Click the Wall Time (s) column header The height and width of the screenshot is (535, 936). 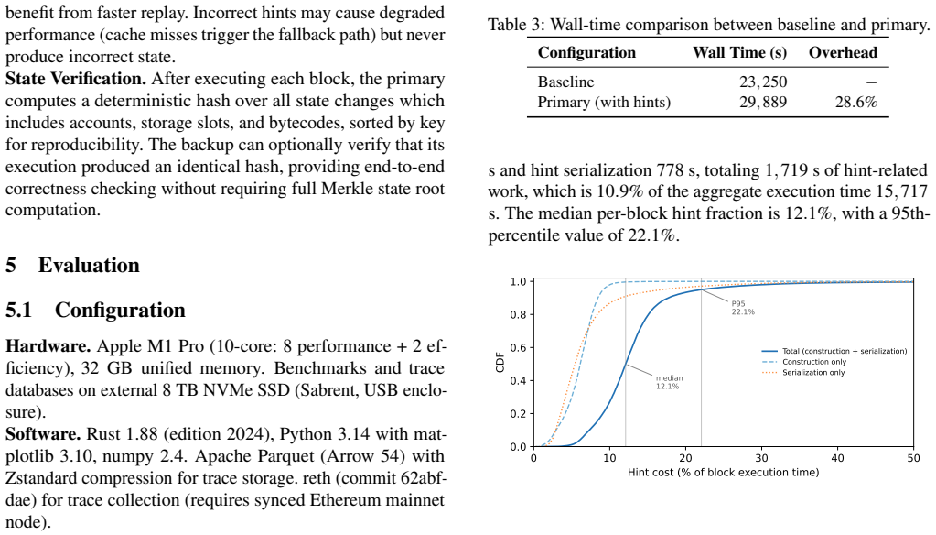coord(739,52)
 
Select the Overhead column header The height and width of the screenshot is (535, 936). coord(843,52)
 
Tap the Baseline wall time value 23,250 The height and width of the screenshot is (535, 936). coord(763,82)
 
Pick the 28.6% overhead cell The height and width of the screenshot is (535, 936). coord(856,103)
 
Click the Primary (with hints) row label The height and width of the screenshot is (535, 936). coord(604,103)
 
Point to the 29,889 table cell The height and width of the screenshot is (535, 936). coord(763,103)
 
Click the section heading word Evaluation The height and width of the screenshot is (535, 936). coord(89,265)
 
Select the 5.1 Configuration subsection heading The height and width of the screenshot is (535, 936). coord(95,311)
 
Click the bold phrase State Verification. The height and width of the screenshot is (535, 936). coord(76,79)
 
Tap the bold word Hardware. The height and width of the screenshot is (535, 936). coord(48,346)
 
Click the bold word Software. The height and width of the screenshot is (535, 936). coord(43,434)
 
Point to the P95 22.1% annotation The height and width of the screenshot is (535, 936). coord(743,308)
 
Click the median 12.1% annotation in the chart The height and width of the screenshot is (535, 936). coord(669,382)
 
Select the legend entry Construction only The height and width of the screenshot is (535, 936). coord(814,362)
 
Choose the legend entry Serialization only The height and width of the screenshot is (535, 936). coord(813,373)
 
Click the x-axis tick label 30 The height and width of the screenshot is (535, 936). coord(761,458)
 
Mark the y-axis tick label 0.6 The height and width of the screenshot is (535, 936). coord(518,348)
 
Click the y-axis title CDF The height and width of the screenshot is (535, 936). coord(500,362)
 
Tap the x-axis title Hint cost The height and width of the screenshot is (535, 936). coord(723,472)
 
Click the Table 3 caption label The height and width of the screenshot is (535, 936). coord(516,25)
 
